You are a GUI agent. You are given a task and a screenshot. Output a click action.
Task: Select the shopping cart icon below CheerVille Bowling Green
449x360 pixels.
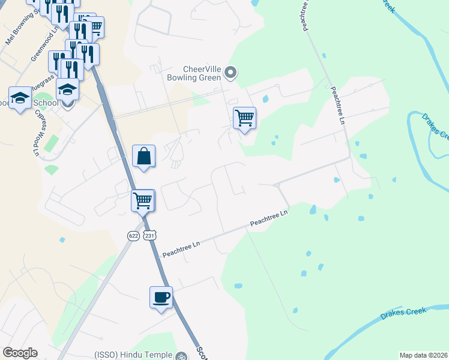pyautogui.click(x=244, y=118)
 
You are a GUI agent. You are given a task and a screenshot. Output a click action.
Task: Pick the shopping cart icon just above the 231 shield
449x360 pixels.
pyautogui.click(x=143, y=200)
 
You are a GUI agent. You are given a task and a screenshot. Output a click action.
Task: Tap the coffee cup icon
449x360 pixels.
pyautogui.click(x=161, y=297)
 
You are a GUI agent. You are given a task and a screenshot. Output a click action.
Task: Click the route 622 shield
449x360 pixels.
pyautogui.click(x=133, y=236)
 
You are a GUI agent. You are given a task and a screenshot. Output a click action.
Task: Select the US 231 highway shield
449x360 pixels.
pyautogui.click(x=151, y=236)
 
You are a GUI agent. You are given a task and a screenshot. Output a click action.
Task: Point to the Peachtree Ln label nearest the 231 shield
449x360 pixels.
pyautogui.click(x=179, y=247)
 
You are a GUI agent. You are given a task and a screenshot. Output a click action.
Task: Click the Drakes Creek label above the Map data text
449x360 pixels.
pyautogui.click(x=403, y=314)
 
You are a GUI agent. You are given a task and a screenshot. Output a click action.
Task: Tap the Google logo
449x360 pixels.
pyautogui.click(x=20, y=353)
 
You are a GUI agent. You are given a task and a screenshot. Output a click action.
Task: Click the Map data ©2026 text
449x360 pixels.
pyautogui.click(x=423, y=355)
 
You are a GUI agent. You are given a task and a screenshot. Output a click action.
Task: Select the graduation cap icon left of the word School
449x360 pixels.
pyautogui.click(x=20, y=98)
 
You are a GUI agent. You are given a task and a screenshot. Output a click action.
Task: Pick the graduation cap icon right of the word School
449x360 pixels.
pyautogui.click(x=67, y=89)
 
